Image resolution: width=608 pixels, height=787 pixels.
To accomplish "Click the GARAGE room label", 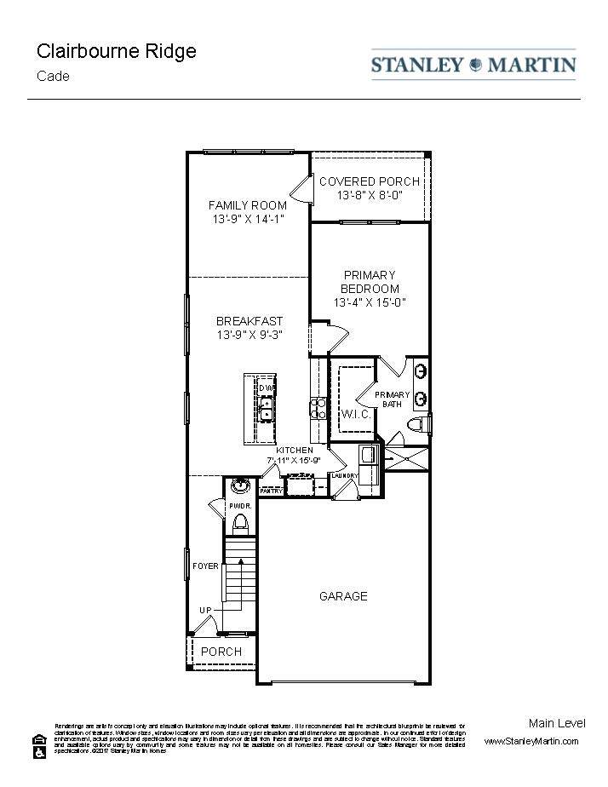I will (x=343, y=596).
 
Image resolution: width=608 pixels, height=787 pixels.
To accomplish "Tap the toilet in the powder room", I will (x=240, y=520).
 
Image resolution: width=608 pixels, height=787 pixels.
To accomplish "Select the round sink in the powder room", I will (x=240, y=487).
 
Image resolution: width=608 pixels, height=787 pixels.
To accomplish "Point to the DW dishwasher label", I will (x=267, y=389).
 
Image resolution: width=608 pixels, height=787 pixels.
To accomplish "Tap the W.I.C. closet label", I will (x=354, y=415).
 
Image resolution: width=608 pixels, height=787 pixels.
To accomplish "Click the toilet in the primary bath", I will (x=417, y=424).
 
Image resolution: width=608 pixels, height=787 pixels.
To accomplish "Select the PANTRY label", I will (x=271, y=491).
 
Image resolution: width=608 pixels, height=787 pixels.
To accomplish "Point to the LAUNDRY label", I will (x=345, y=476).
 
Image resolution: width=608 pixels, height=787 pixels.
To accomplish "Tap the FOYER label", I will (x=205, y=566).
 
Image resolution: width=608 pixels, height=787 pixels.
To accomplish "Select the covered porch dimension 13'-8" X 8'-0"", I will (x=369, y=195).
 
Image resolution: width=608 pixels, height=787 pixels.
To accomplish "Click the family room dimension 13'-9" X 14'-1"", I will (x=248, y=219).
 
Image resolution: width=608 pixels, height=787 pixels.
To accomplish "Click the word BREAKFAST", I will (x=249, y=321).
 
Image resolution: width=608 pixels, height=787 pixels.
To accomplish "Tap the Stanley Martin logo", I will (x=473, y=65).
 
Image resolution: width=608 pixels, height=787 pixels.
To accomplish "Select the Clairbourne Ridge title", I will (x=116, y=51).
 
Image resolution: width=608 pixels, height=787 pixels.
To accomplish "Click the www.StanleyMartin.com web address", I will (x=531, y=741).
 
